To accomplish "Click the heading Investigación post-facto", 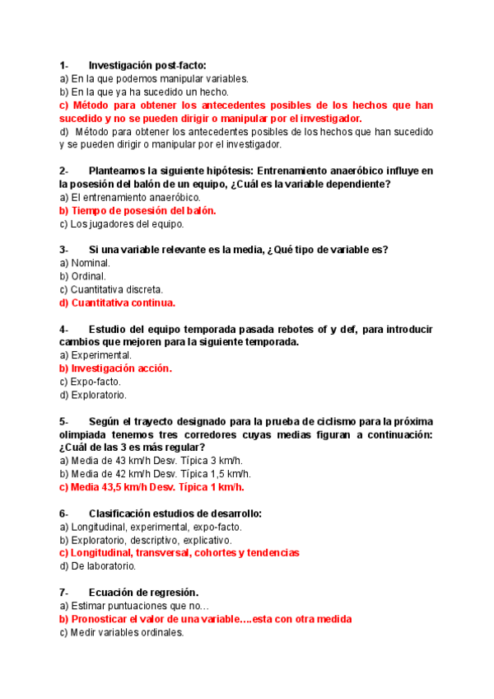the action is coord(147,65).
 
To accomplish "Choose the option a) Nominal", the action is coord(85,263).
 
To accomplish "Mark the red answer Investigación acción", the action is coord(115,368).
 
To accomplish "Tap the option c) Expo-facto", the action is coord(90,382).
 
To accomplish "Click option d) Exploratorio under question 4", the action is coord(93,395).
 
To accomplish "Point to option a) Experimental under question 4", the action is coord(96,355).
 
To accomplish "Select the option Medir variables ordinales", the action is coord(121,632).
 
